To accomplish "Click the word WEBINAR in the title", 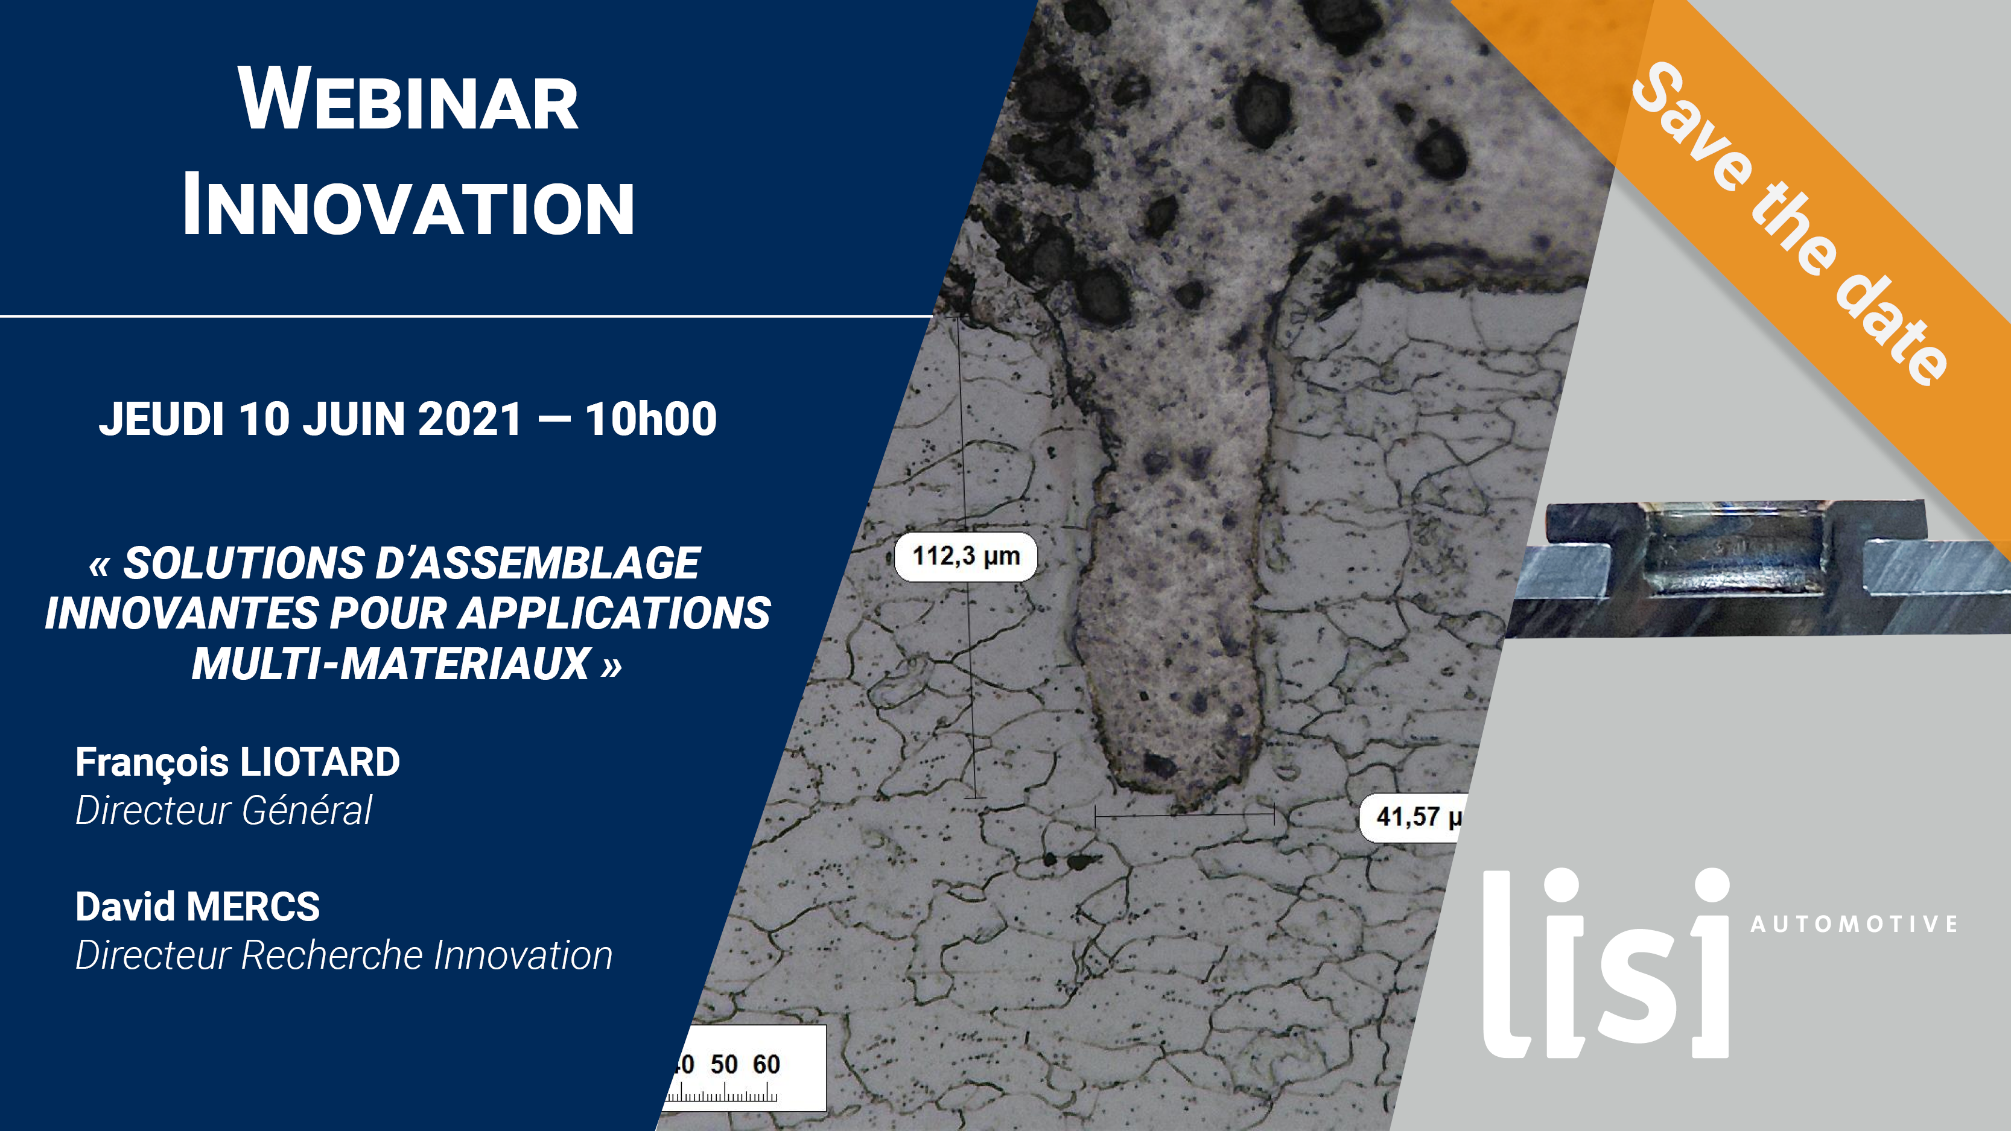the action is [408, 99].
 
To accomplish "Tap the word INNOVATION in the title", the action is [408, 205].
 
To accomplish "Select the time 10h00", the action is [651, 419].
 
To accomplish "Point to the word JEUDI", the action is [162, 419].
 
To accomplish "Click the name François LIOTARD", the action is [237, 762].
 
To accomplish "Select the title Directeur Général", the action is [223, 809].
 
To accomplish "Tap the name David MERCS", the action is [197, 906].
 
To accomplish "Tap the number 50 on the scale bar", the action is [723, 1064].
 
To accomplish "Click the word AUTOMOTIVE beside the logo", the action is [1854, 924].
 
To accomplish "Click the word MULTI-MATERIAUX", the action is [391, 664].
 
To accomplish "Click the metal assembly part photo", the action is [1756, 568].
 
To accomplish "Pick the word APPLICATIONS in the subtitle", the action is [614, 613].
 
